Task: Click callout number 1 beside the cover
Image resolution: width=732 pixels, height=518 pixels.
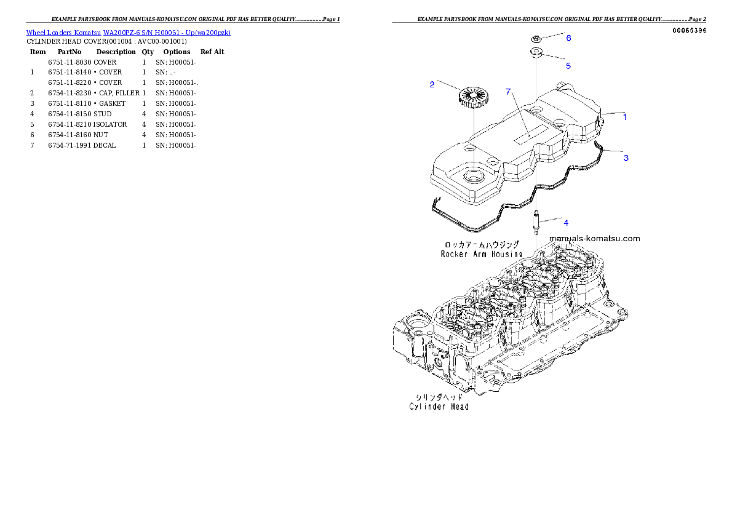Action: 625,117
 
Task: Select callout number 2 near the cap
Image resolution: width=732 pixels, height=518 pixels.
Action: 432,84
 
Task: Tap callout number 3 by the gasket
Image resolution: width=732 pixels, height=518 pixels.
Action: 626,158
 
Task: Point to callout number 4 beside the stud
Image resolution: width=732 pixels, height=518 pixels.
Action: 566,223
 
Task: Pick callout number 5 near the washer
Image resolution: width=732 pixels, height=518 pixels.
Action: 568,65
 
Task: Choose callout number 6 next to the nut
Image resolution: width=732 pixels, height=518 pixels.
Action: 568,38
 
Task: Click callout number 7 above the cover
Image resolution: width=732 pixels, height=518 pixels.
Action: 508,92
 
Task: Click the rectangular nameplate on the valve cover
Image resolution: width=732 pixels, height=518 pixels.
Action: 531,133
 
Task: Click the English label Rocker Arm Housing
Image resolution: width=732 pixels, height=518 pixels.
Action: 482,253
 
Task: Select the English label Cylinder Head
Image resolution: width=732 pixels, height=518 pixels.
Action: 439,407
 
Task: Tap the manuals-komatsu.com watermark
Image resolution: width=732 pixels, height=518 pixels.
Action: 594,239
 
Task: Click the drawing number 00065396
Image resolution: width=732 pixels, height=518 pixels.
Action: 689,30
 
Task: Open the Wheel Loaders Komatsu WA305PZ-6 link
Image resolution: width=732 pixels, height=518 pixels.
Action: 128,33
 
